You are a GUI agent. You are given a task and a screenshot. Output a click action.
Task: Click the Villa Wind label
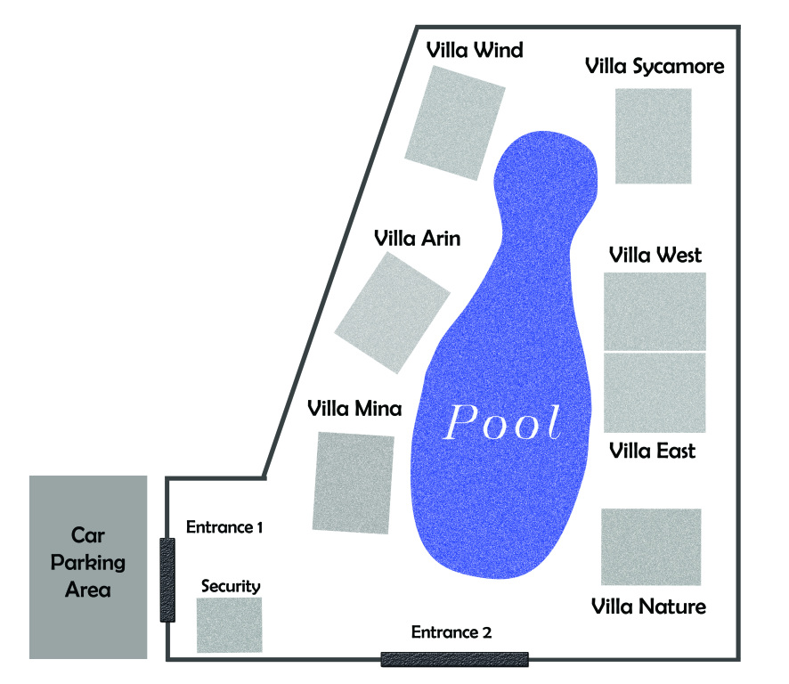tap(474, 50)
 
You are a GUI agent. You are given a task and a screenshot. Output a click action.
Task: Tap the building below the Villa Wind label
tap(456, 123)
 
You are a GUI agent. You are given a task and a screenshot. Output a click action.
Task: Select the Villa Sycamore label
tap(655, 67)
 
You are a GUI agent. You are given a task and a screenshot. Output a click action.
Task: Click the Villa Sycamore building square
tap(654, 135)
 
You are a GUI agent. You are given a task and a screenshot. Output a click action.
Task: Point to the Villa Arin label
tap(422, 239)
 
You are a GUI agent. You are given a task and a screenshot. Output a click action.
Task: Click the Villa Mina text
tap(354, 409)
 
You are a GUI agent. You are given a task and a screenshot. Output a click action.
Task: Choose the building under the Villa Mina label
tap(353, 483)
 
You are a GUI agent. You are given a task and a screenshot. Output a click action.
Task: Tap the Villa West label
tap(655, 255)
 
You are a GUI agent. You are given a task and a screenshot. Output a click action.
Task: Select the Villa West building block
tap(655, 311)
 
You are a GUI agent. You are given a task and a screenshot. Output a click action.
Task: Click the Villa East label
tap(653, 451)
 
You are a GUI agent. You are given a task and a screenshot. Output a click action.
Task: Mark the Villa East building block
tap(655, 393)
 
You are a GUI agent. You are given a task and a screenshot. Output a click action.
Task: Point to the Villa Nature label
tap(649, 607)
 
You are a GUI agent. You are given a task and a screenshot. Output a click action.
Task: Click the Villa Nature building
tap(651, 547)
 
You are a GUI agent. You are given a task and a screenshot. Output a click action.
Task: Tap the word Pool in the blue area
tap(503, 423)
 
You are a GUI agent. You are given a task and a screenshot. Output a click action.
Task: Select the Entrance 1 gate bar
tap(167, 580)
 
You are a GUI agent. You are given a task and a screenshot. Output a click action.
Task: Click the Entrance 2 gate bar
tap(454, 659)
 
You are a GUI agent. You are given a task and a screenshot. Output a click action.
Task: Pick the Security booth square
tap(229, 625)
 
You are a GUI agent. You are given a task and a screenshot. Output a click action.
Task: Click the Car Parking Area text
tap(88, 562)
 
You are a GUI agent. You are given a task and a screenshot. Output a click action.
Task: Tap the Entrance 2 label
tap(451, 632)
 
